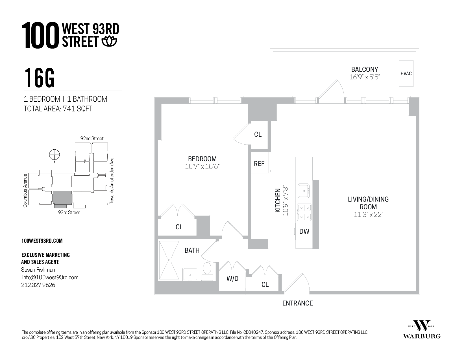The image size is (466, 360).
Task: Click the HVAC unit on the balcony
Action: [406, 73]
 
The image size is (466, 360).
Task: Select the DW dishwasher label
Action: [304, 232]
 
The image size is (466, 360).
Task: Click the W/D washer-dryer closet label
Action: [232, 279]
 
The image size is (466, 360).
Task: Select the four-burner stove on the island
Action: [304, 212]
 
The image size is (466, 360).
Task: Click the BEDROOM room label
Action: [202, 159]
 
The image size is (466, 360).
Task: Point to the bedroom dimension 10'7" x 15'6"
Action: [202, 167]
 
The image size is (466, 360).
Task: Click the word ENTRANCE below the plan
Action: [297, 303]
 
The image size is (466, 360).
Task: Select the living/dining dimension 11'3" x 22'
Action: [368, 215]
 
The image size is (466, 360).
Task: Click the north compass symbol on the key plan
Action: [55, 155]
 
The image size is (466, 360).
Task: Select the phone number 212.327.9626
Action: [38, 285]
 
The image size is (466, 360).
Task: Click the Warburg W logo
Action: [422, 326]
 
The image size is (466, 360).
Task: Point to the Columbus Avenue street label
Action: [25, 190]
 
